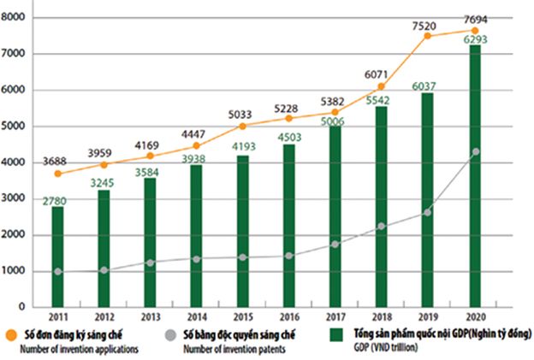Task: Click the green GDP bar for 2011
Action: [x=57, y=257]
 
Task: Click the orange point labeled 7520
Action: [x=429, y=36]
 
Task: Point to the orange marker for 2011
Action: [x=57, y=174]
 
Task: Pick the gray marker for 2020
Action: [x=475, y=151]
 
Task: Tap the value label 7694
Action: [x=474, y=18]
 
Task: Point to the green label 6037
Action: [x=428, y=86]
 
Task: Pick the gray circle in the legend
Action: [x=171, y=334]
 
